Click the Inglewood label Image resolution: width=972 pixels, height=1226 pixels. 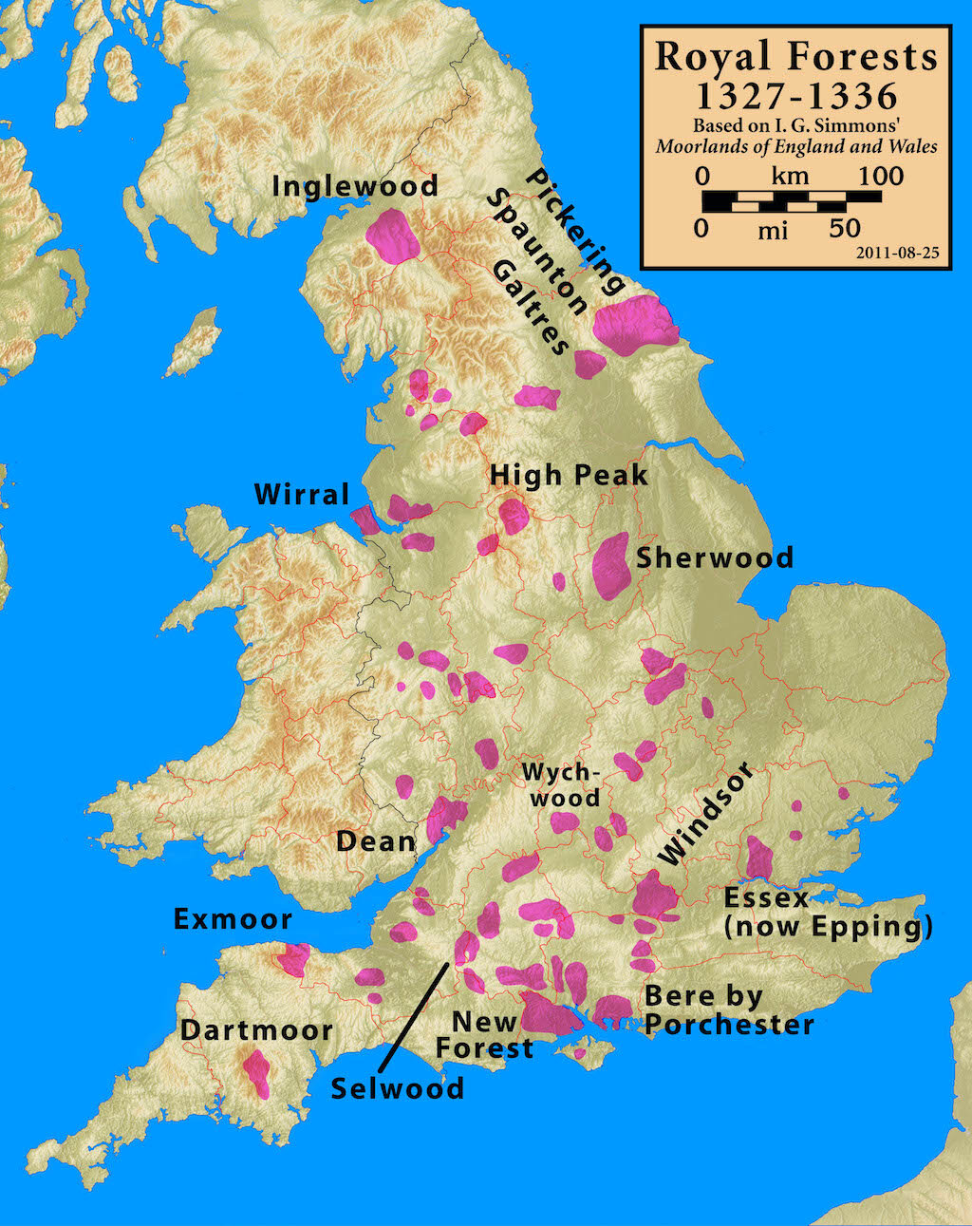coord(354,185)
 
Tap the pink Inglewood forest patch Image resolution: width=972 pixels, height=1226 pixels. coord(392,236)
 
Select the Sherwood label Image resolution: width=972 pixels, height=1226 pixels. coord(714,557)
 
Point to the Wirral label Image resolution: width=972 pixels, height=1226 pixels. coord(302,495)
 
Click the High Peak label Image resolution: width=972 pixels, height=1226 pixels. coord(568,475)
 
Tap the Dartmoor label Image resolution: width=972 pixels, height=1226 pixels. coord(256,1030)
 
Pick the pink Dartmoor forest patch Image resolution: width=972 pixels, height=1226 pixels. coord(256,1073)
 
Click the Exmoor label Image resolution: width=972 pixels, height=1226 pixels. coord(233,919)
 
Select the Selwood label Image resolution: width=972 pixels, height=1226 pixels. coord(398,1088)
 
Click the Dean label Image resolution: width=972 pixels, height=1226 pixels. coord(376,841)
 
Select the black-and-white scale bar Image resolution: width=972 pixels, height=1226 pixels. coord(791,200)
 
